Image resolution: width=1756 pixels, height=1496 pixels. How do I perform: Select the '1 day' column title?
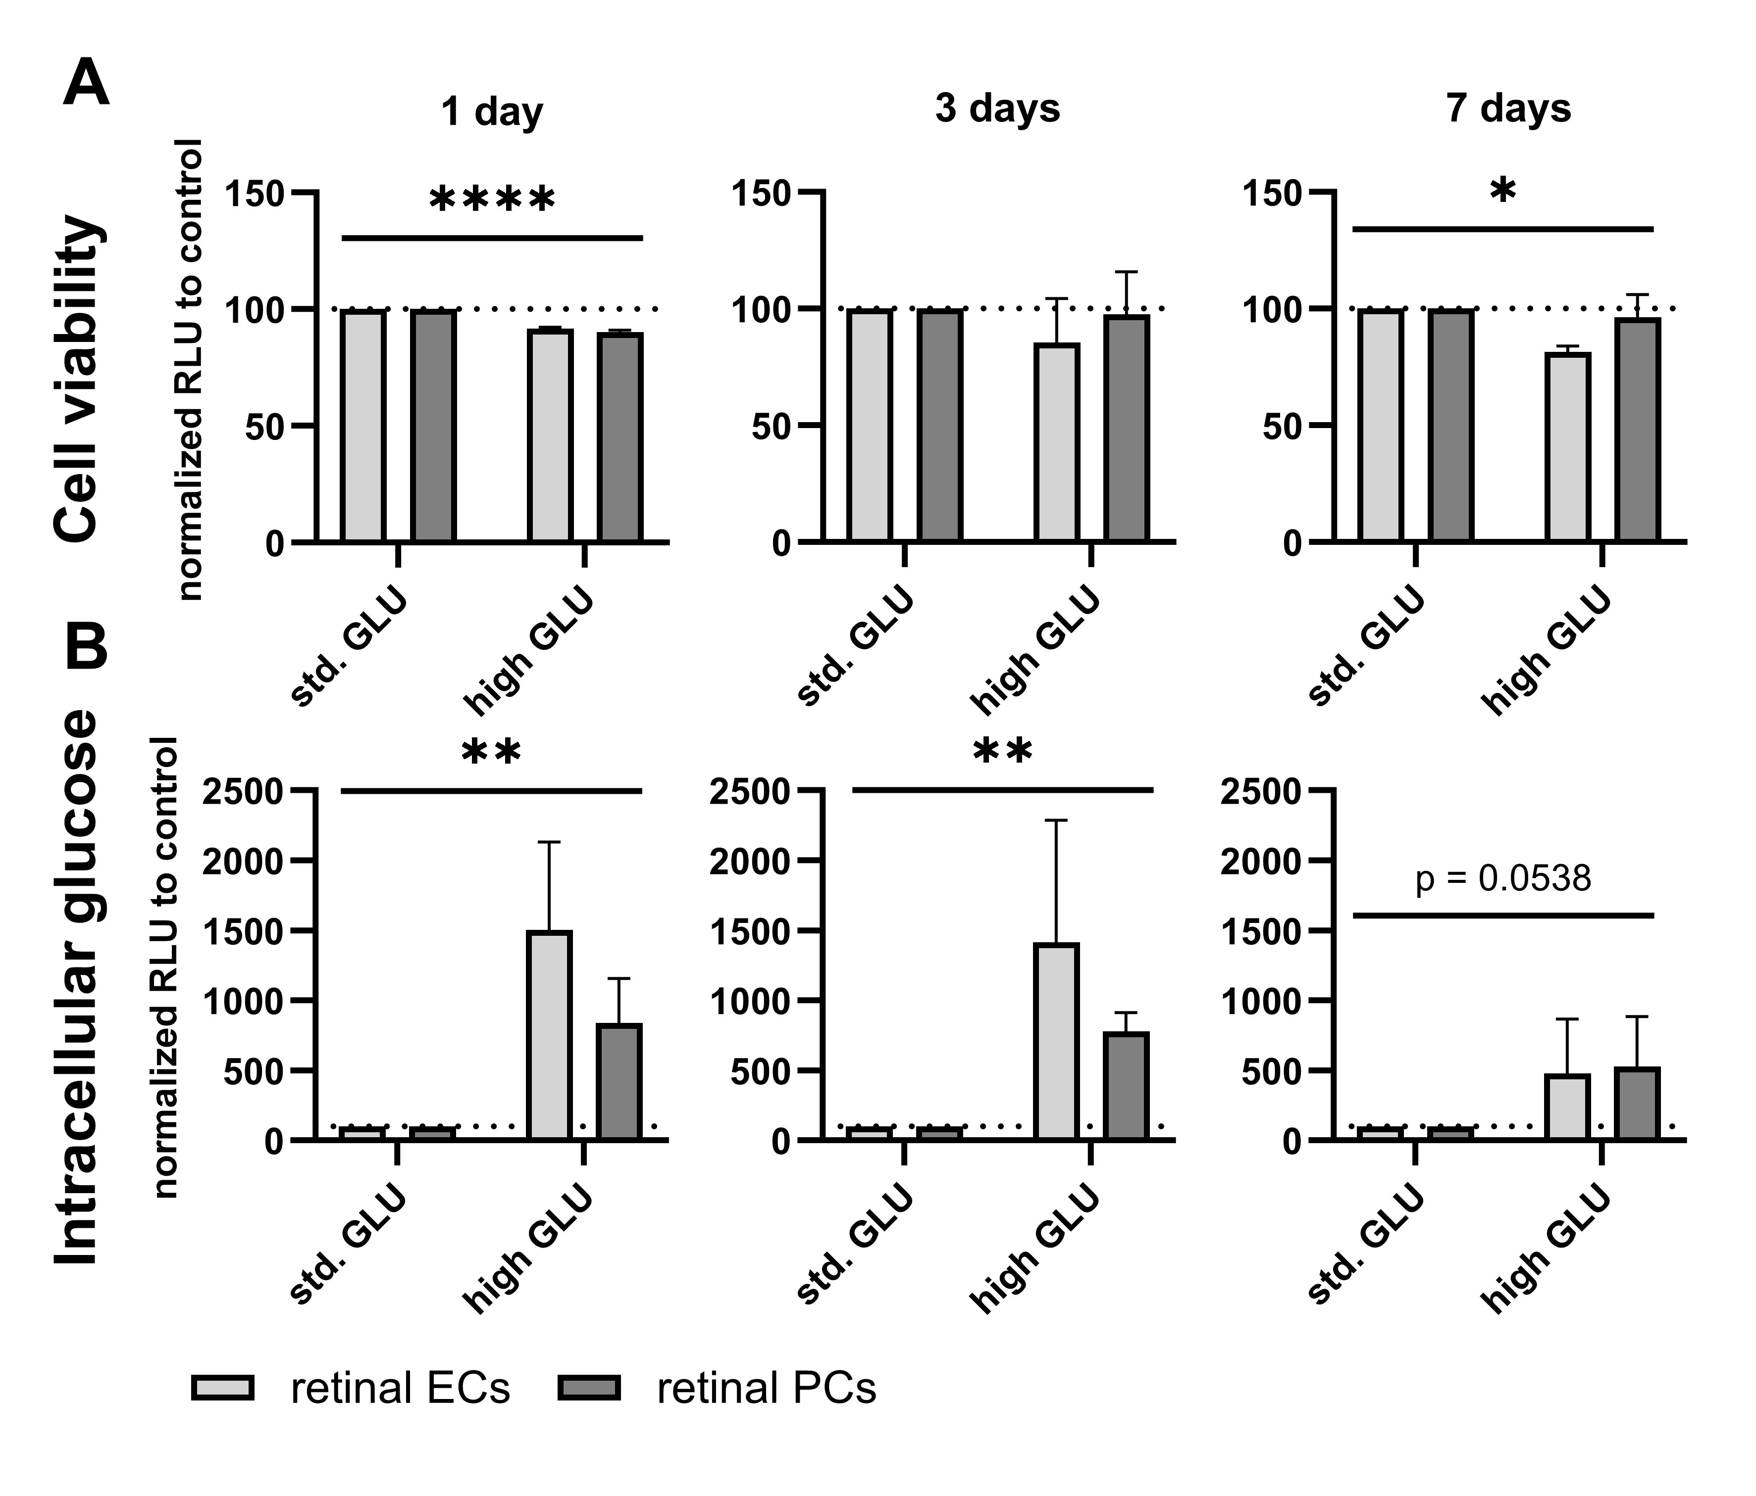click(492, 110)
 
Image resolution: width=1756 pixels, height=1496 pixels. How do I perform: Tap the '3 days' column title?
click(997, 108)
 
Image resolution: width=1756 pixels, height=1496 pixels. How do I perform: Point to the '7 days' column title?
click(1508, 108)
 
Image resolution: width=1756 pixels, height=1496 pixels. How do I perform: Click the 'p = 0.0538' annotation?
click(1502, 878)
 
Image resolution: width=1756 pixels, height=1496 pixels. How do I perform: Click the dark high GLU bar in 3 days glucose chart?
click(1126, 1086)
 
